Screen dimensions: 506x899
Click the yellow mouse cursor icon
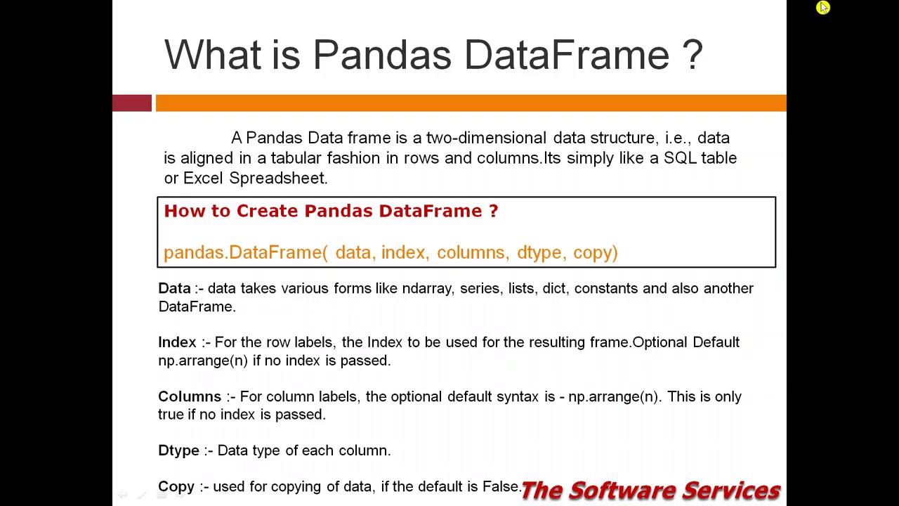tap(823, 8)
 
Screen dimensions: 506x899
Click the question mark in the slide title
tap(692, 55)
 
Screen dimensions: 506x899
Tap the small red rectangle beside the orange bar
tap(132, 103)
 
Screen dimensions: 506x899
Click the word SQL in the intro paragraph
tap(680, 158)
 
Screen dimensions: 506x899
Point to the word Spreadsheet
tap(278, 179)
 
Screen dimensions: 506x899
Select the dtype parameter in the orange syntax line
tap(539, 253)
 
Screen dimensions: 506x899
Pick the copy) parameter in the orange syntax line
tap(595, 253)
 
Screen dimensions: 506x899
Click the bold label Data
tap(174, 289)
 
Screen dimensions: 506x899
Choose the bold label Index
tap(177, 342)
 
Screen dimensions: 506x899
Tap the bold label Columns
tap(189, 397)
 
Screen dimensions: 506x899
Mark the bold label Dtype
tap(178, 450)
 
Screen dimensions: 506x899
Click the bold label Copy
tap(176, 486)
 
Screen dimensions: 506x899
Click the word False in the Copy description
tap(501, 486)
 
